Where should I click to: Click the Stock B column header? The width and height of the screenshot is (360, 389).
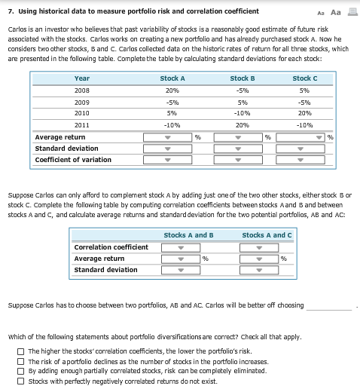242,78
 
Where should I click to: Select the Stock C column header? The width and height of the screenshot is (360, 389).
304,78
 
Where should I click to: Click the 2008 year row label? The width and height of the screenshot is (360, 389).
82,90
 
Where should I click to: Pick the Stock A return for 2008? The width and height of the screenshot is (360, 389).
172,90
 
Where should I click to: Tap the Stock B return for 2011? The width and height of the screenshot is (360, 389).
242,124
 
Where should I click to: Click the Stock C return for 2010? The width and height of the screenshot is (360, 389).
304,113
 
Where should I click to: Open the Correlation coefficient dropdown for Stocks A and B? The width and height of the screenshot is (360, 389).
181,247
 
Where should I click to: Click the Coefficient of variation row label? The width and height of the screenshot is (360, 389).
73,160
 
